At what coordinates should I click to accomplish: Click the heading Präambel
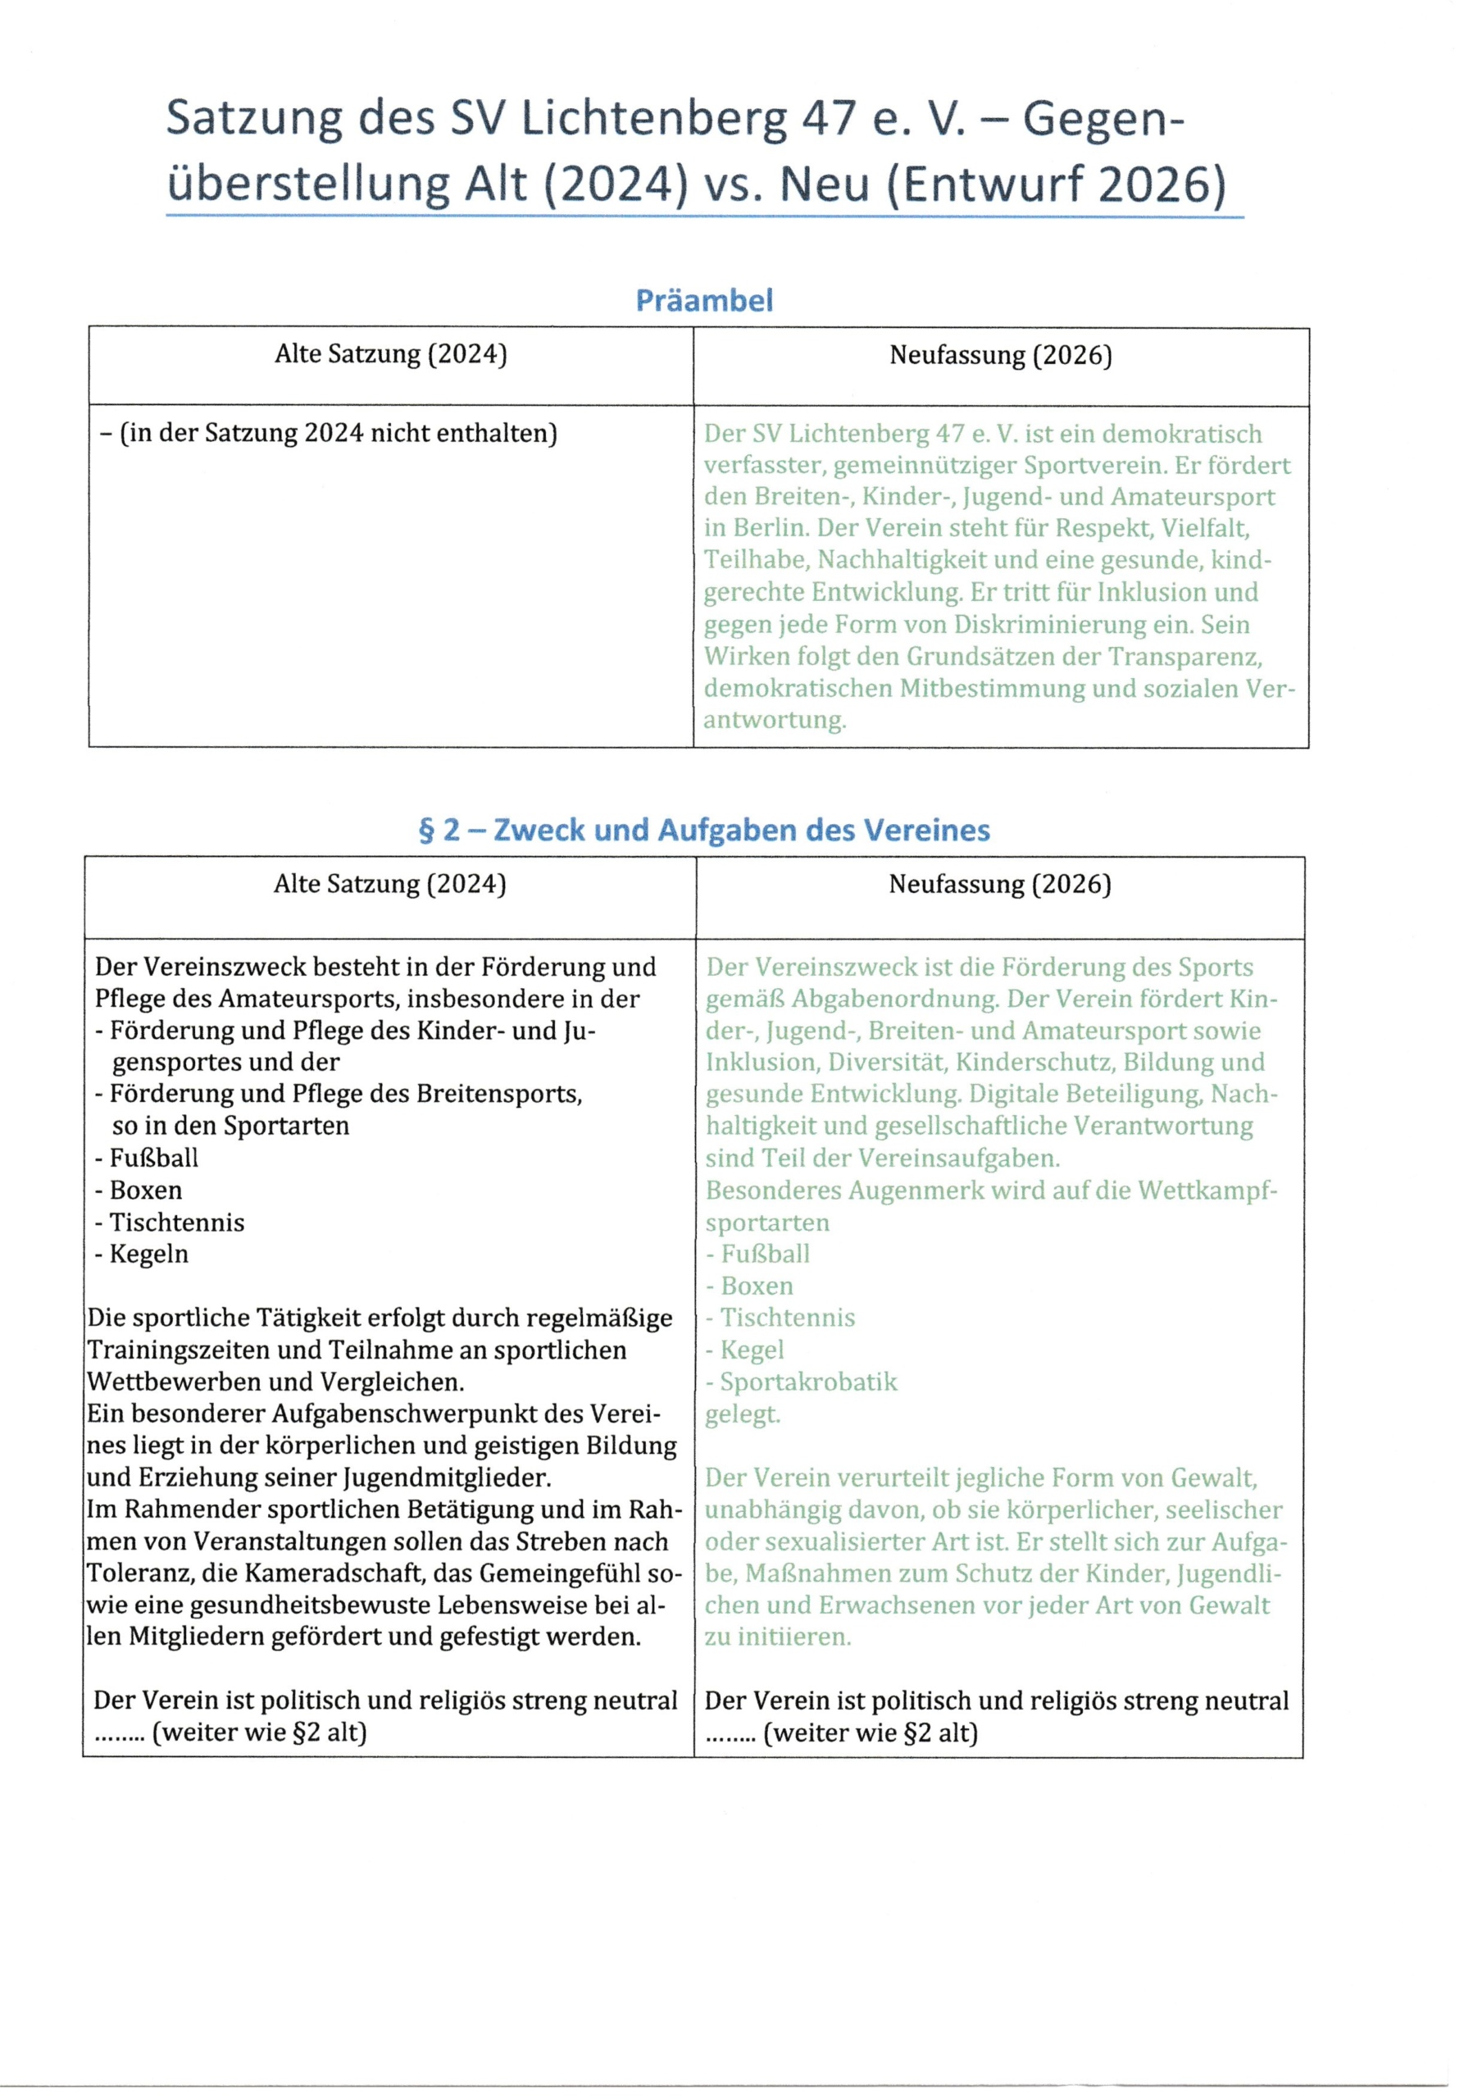[x=703, y=300]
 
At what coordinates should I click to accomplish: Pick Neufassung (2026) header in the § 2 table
[x=1000, y=884]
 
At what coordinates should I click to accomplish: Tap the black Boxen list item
[x=145, y=1191]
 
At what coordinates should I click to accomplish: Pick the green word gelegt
[x=742, y=1414]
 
